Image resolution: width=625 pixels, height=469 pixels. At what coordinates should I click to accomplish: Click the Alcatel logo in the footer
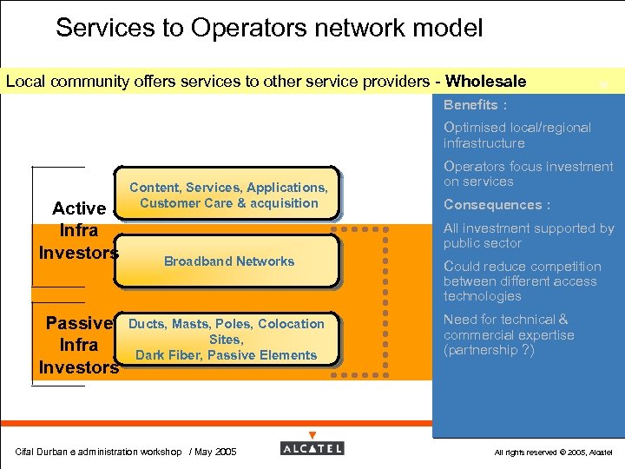click(x=312, y=448)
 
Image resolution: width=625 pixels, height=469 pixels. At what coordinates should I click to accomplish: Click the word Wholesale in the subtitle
click(x=485, y=82)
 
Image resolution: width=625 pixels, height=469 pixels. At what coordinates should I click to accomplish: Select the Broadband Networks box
click(x=228, y=261)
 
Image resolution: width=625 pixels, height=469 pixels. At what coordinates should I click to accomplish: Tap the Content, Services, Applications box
click(x=228, y=195)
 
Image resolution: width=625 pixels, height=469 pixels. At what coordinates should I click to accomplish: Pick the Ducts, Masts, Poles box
click(x=226, y=339)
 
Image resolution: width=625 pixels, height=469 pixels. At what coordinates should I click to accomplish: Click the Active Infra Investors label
click(x=78, y=231)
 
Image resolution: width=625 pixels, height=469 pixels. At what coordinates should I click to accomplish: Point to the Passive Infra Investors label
click(x=78, y=346)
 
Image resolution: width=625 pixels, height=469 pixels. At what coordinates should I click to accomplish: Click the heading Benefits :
click(x=475, y=105)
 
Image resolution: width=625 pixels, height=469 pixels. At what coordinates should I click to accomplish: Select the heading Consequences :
click(x=497, y=205)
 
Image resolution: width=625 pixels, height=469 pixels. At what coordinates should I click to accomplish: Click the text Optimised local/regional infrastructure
click(x=516, y=135)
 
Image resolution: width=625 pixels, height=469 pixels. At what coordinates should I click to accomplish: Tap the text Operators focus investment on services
click(x=528, y=174)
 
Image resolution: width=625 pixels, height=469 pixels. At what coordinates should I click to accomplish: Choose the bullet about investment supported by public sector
click(x=528, y=235)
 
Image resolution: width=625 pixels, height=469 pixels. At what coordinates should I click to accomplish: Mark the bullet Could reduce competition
click(x=522, y=281)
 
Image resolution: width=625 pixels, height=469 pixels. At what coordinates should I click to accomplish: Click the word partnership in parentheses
click(x=484, y=350)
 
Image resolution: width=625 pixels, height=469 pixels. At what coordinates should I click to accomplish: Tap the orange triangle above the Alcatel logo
click(x=312, y=435)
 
